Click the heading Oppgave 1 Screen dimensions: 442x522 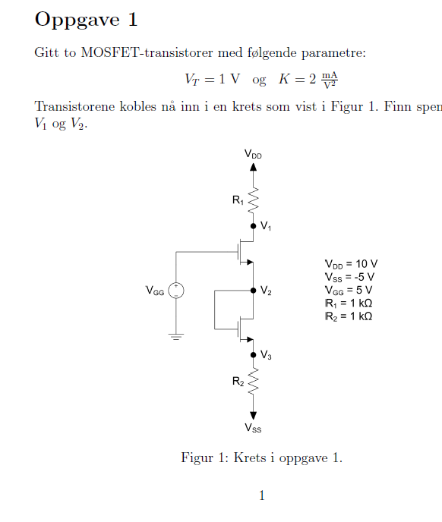pos(86,20)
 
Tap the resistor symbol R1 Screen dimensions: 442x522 pos(254,200)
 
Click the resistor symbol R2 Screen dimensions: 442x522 pos(254,381)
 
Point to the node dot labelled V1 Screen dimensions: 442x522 pos(254,226)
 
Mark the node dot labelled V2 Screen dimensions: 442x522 pos(254,291)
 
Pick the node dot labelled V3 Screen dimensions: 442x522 pos(254,355)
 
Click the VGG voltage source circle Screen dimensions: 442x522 pos(176,291)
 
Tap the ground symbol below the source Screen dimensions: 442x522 pos(176,336)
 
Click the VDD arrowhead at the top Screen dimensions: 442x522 pos(254,167)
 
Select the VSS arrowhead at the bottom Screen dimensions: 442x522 pos(254,416)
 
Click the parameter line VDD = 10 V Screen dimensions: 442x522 pos(351,264)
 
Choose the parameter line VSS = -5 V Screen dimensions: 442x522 pos(349,278)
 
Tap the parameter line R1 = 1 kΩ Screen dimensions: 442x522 pos(349,303)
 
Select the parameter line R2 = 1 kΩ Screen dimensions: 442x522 pos(349,316)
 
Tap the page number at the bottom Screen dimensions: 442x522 pos(262,495)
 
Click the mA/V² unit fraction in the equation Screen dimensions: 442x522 pos(330,80)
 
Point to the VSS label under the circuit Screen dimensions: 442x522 pos(253,428)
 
